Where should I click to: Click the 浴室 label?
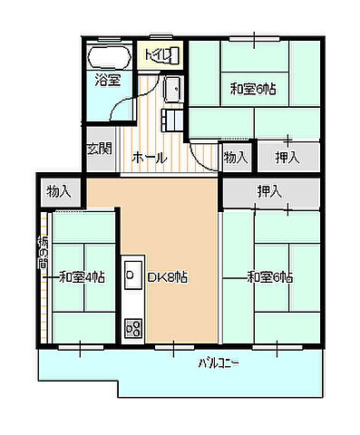(x=108, y=81)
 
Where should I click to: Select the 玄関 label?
(x=100, y=149)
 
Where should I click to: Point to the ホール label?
(x=150, y=158)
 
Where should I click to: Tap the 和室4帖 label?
(x=83, y=276)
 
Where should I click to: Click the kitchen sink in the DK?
(x=133, y=274)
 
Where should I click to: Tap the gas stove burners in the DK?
(x=133, y=326)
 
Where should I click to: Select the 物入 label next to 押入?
(x=236, y=158)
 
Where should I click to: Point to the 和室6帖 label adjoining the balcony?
(x=269, y=276)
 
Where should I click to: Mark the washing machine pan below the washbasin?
(x=171, y=120)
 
